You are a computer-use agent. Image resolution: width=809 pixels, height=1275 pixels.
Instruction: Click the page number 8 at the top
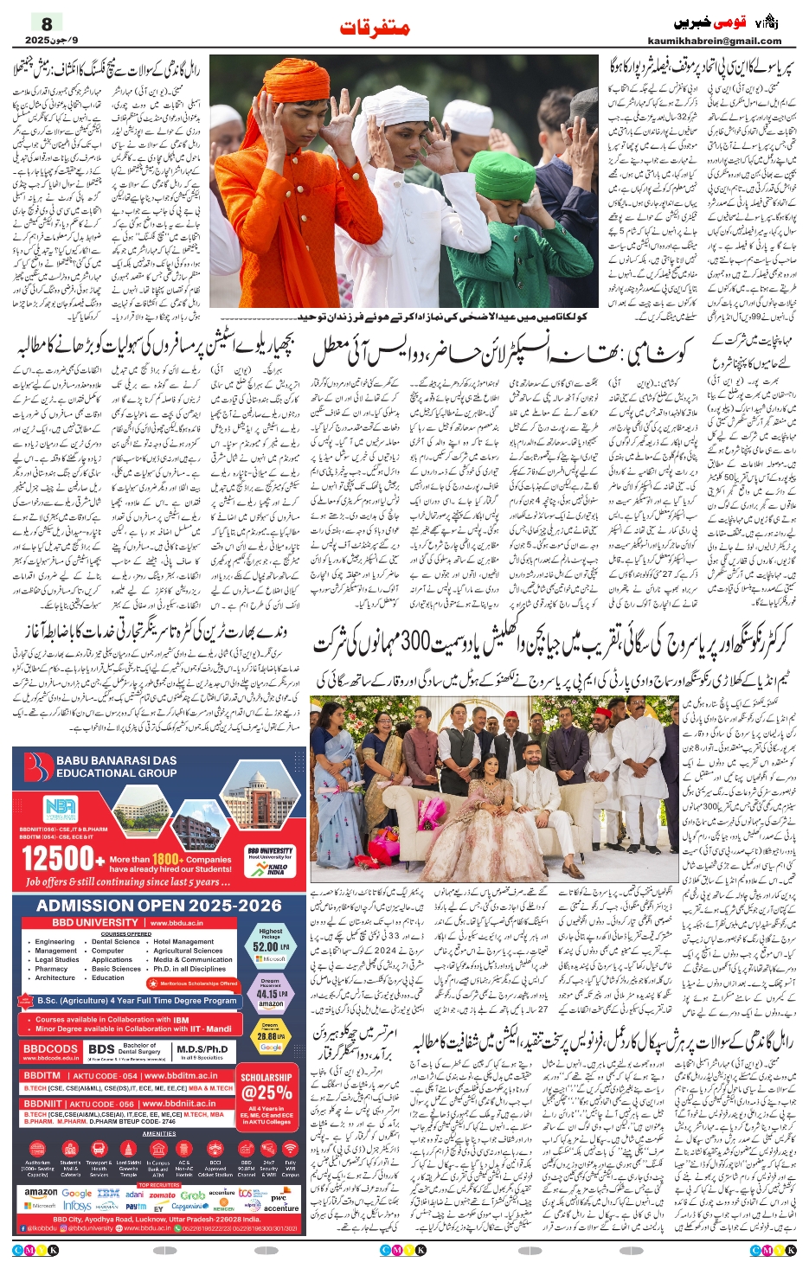pos(47,23)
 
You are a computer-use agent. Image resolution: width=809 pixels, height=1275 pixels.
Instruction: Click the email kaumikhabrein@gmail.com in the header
pos(714,41)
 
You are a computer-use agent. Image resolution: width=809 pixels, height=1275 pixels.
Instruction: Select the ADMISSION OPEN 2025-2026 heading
pos(159,906)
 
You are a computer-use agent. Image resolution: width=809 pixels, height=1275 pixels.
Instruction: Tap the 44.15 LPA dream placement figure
pos(270,994)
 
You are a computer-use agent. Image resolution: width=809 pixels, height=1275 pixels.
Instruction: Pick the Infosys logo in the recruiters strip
pos(78,1206)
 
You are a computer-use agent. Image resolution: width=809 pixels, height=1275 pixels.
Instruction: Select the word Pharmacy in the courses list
pos(51,969)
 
